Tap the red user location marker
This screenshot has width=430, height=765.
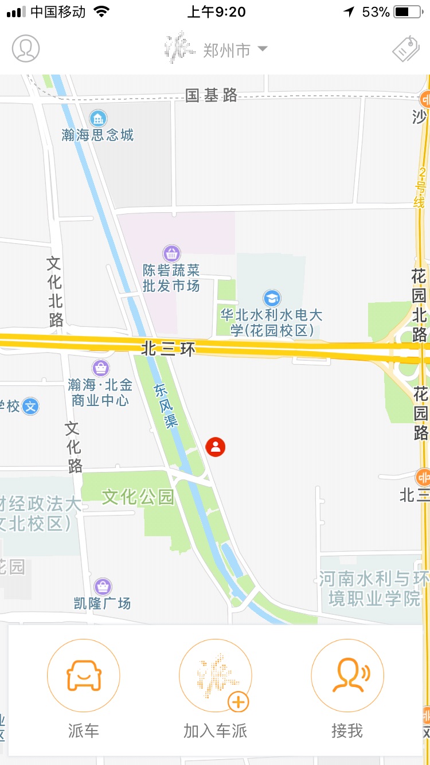pos(216,447)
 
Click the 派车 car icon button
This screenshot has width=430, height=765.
pos(84,676)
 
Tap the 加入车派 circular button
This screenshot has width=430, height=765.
pos(216,676)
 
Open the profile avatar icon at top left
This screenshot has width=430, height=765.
pos(26,49)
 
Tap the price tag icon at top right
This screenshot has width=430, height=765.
pos(405,49)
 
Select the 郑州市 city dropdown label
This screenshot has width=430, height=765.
pos(227,50)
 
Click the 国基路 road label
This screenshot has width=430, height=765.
pos(211,96)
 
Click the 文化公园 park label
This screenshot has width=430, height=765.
pos(138,497)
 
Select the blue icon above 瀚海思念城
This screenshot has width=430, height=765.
pos(98,119)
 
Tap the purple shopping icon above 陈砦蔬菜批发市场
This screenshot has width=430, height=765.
pos(171,253)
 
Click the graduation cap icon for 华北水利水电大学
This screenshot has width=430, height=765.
pos(272,298)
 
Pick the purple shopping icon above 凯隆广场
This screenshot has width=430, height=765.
pos(103,587)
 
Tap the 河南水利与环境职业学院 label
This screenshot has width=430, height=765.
pos(373,589)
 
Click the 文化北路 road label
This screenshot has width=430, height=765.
pos(55,291)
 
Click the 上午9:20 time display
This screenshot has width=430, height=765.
pos(216,11)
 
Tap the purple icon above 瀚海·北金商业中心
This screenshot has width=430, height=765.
pos(100,368)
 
